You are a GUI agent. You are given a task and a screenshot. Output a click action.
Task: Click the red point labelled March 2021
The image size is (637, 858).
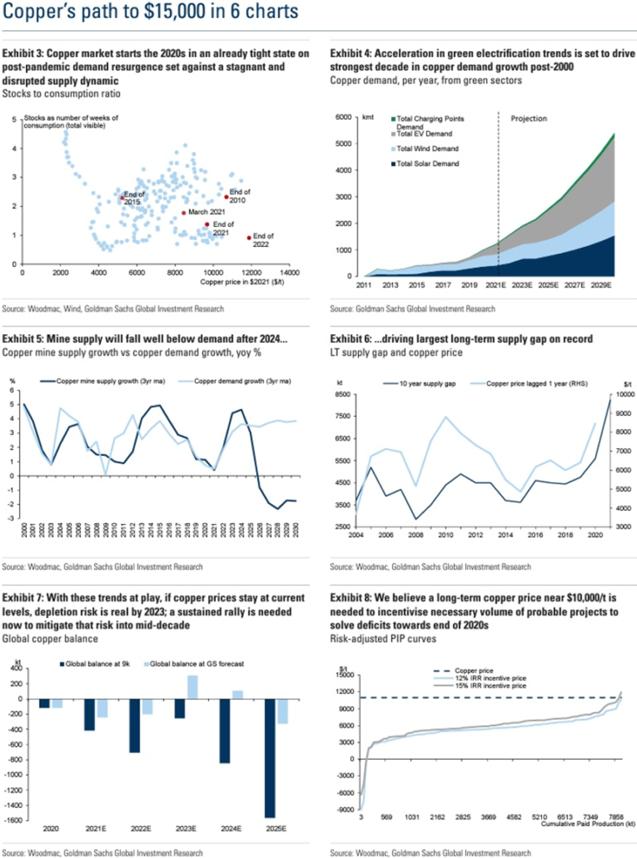click(183, 212)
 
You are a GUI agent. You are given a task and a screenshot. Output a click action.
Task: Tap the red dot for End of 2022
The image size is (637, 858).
click(249, 237)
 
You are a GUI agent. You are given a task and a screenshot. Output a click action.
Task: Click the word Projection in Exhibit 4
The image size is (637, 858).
click(529, 119)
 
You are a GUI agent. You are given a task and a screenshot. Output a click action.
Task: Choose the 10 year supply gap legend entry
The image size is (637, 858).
click(420, 382)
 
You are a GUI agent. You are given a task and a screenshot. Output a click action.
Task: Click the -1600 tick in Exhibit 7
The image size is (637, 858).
click(16, 818)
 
